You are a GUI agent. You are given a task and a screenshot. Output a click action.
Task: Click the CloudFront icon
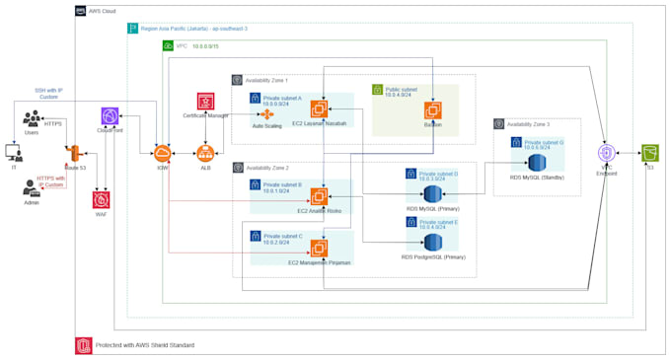tap(110, 117)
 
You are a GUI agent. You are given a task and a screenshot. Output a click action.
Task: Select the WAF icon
tap(102, 200)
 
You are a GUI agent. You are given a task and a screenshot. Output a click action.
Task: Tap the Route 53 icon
tap(72, 153)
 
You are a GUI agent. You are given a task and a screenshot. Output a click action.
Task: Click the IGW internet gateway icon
tap(162, 152)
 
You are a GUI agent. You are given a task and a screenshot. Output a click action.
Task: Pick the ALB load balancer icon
tap(206, 152)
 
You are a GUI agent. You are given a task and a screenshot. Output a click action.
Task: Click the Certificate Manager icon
tap(206, 101)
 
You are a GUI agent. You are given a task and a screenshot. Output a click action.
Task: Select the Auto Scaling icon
tap(266, 115)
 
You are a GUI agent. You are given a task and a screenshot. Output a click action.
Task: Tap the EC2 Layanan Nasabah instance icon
tap(319, 108)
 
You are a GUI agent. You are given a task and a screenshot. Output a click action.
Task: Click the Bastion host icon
tap(431, 109)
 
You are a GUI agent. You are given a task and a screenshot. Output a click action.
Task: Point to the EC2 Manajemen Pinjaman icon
tap(319, 249)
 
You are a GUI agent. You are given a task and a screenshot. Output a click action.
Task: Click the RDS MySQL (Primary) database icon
tap(432, 192)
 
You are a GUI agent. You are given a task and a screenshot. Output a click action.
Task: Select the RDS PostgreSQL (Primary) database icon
tap(432, 242)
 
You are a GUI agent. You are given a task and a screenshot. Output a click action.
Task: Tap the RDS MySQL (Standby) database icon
tap(538, 162)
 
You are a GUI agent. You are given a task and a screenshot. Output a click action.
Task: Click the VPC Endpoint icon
tap(609, 153)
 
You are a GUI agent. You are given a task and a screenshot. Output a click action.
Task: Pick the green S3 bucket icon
tap(649, 153)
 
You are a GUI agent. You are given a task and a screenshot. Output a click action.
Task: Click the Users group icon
tap(33, 118)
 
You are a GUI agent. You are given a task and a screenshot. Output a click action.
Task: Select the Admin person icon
tap(33, 187)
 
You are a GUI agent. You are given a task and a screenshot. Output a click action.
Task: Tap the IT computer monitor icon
tap(13, 153)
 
